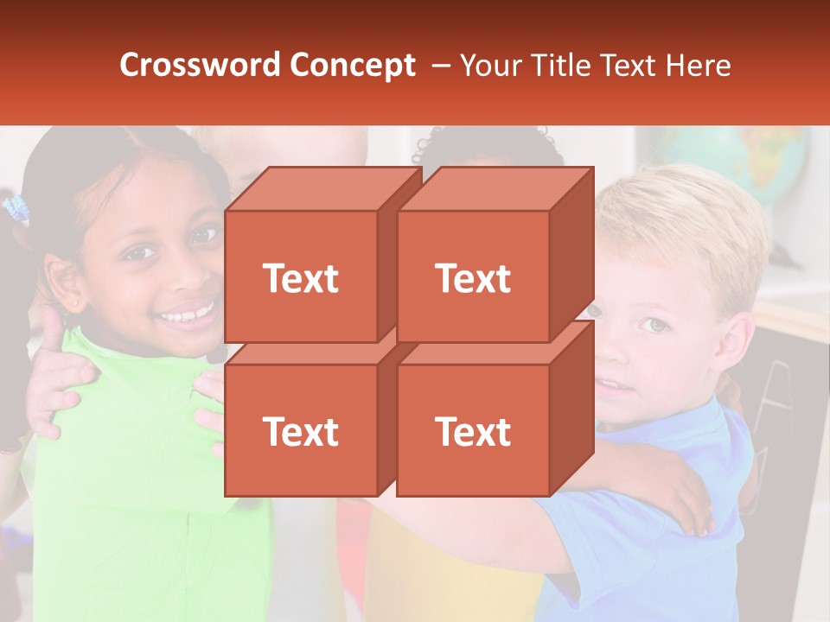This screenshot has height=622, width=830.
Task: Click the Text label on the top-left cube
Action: (300, 278)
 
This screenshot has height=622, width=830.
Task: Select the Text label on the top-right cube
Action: (472, 278)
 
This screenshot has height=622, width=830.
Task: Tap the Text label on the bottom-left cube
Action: (300, 431)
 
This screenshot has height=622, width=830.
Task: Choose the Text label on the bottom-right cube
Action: (472, 431)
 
